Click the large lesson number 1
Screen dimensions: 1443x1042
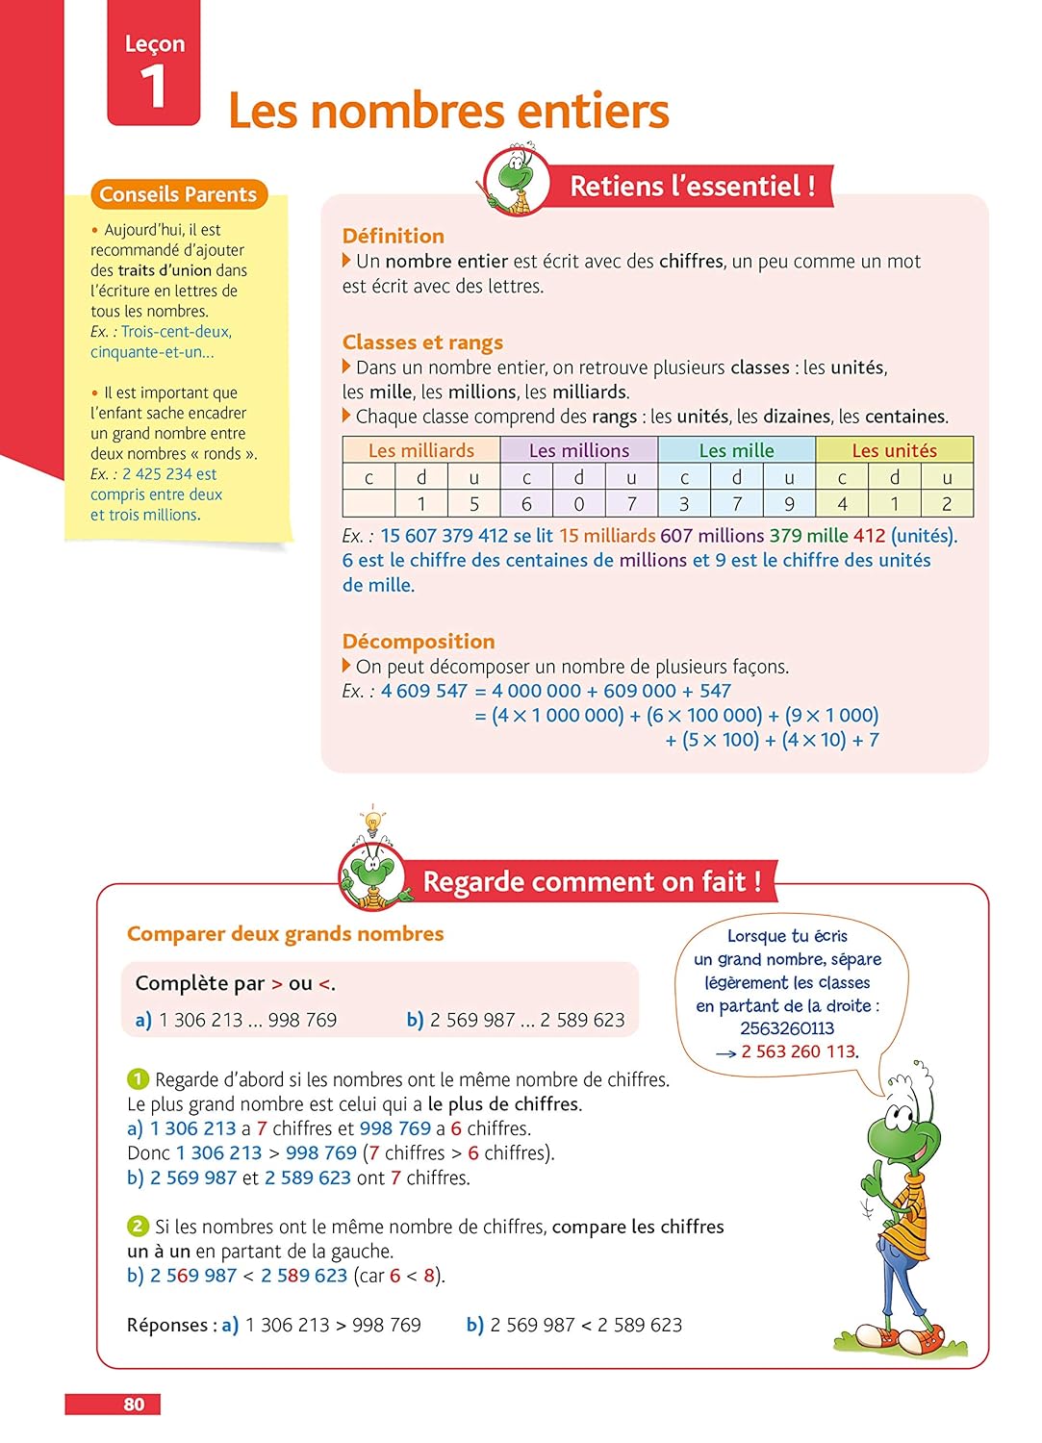tap(153, 87)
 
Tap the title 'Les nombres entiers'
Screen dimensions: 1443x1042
tap(448, 111)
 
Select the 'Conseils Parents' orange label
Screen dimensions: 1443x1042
tap(178, 194)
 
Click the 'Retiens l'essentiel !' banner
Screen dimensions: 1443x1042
tap(692, 186)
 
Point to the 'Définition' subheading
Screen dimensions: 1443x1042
tap(393, 236)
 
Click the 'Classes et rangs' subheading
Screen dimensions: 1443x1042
tap(422, 342)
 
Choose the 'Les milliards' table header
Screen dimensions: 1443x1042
tap(421, 450)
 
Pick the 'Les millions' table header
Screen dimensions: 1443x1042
tap(579, 450)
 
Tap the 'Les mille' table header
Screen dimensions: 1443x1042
tap(736, 450)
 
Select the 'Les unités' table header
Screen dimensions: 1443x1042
tap(894, 450)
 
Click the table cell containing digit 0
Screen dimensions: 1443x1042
tap(579, 503)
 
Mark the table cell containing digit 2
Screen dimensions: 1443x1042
tap(947, 503)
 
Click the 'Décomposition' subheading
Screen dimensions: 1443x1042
tap(419, 642)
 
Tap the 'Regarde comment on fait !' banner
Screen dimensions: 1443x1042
tap(592, 881)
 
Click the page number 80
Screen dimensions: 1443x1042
tap(134, 1405)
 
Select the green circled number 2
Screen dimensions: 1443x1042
tap(138, 1227)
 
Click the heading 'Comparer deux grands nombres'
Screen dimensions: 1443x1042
tap(285, 934)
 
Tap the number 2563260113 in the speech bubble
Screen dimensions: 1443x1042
tap(787, 1028)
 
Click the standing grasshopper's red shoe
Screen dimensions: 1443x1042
tap(929, 1338)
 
